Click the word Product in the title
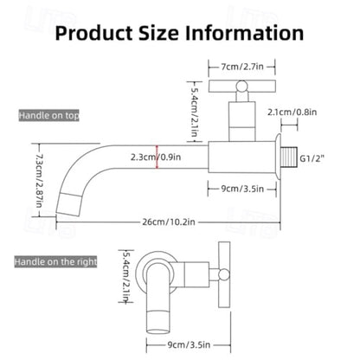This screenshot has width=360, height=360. pos(94,33)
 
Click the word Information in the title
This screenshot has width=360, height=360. pos(244,33)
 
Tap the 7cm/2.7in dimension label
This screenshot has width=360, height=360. pos(242,67)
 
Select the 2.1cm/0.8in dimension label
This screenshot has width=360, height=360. pos(292,112)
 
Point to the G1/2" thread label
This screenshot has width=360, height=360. pos(312,158)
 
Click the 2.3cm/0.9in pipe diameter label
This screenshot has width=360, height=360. pos(156,157)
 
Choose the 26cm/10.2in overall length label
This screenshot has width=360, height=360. pos(169,222)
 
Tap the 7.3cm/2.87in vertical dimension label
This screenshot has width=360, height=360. pos(39,181)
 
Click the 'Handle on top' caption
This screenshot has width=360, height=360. pos(48,115)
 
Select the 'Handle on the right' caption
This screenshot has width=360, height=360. pos(55,261)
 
